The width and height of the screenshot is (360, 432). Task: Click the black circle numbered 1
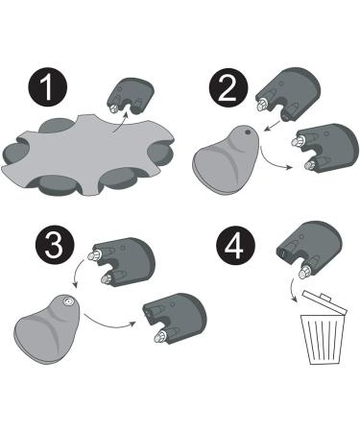48,86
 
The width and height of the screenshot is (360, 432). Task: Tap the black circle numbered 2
228,87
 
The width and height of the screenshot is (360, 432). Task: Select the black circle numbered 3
55,247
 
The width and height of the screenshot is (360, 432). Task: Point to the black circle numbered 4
235,247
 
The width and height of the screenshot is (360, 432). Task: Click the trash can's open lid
324,302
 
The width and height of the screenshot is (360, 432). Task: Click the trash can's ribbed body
323,340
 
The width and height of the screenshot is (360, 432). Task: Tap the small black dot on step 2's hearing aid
247,132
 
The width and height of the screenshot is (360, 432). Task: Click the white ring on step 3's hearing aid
68,301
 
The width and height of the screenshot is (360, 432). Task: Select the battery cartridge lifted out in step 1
131,95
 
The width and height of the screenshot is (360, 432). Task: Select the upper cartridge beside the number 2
288,94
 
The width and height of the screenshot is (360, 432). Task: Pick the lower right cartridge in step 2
324,149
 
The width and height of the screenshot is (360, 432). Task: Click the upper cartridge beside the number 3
122,262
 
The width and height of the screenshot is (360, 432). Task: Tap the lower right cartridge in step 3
175,320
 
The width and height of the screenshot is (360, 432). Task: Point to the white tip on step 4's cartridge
303,272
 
